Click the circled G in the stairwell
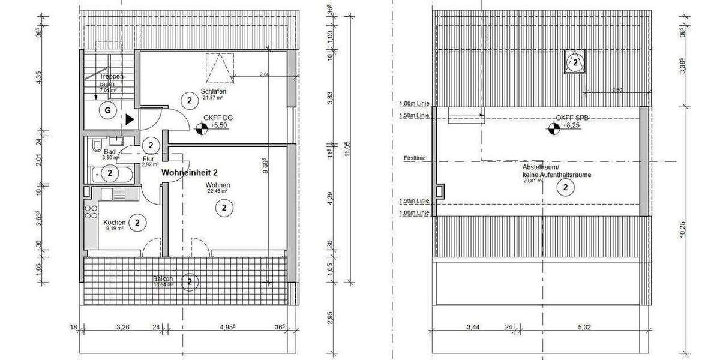pos(108,110)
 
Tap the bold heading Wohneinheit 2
pos(190,172)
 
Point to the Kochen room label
pos(114,223)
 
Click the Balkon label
pos(163,280)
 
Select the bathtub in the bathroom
pos(114,174)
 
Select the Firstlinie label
pos(415,159)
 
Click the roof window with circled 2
pos(575,62)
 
